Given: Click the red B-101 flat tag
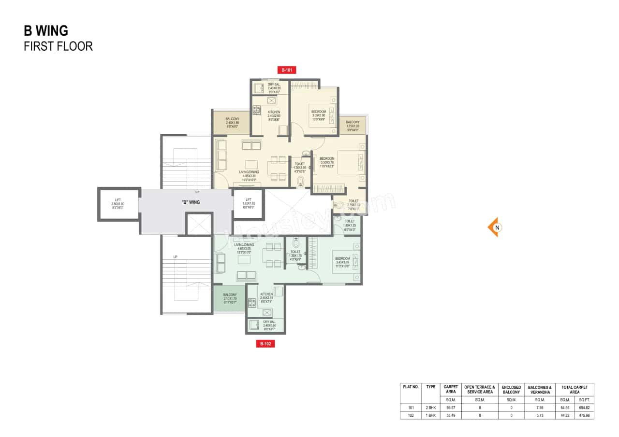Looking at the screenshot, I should [x=286, y=70].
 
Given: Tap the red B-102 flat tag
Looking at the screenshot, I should [x=265, y=344].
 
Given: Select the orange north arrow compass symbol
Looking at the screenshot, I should [x=494, y=227].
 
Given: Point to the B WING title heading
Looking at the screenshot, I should [x=46, y=31].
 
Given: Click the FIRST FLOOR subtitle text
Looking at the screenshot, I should [x=58, y=47].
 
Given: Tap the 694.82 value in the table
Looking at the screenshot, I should [x=584, y=408].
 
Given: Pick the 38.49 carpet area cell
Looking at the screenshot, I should [x=451, y=415].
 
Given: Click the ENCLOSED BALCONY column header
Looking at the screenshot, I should [x=511, y=389].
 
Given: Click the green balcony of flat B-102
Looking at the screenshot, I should [x=230, y=297].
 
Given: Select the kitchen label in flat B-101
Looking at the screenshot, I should [x=274, y=116].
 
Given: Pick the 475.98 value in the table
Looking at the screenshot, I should [x=584, y=415].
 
